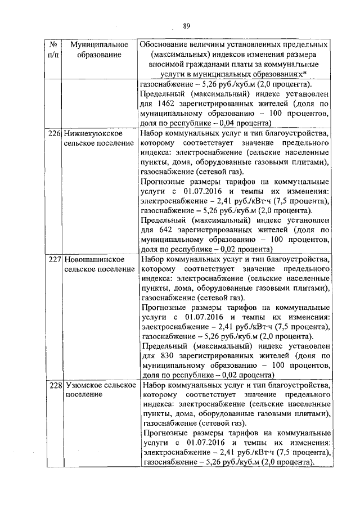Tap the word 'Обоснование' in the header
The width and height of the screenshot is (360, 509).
(x=167, y=44)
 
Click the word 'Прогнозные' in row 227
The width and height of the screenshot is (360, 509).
(x=166, y=308)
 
